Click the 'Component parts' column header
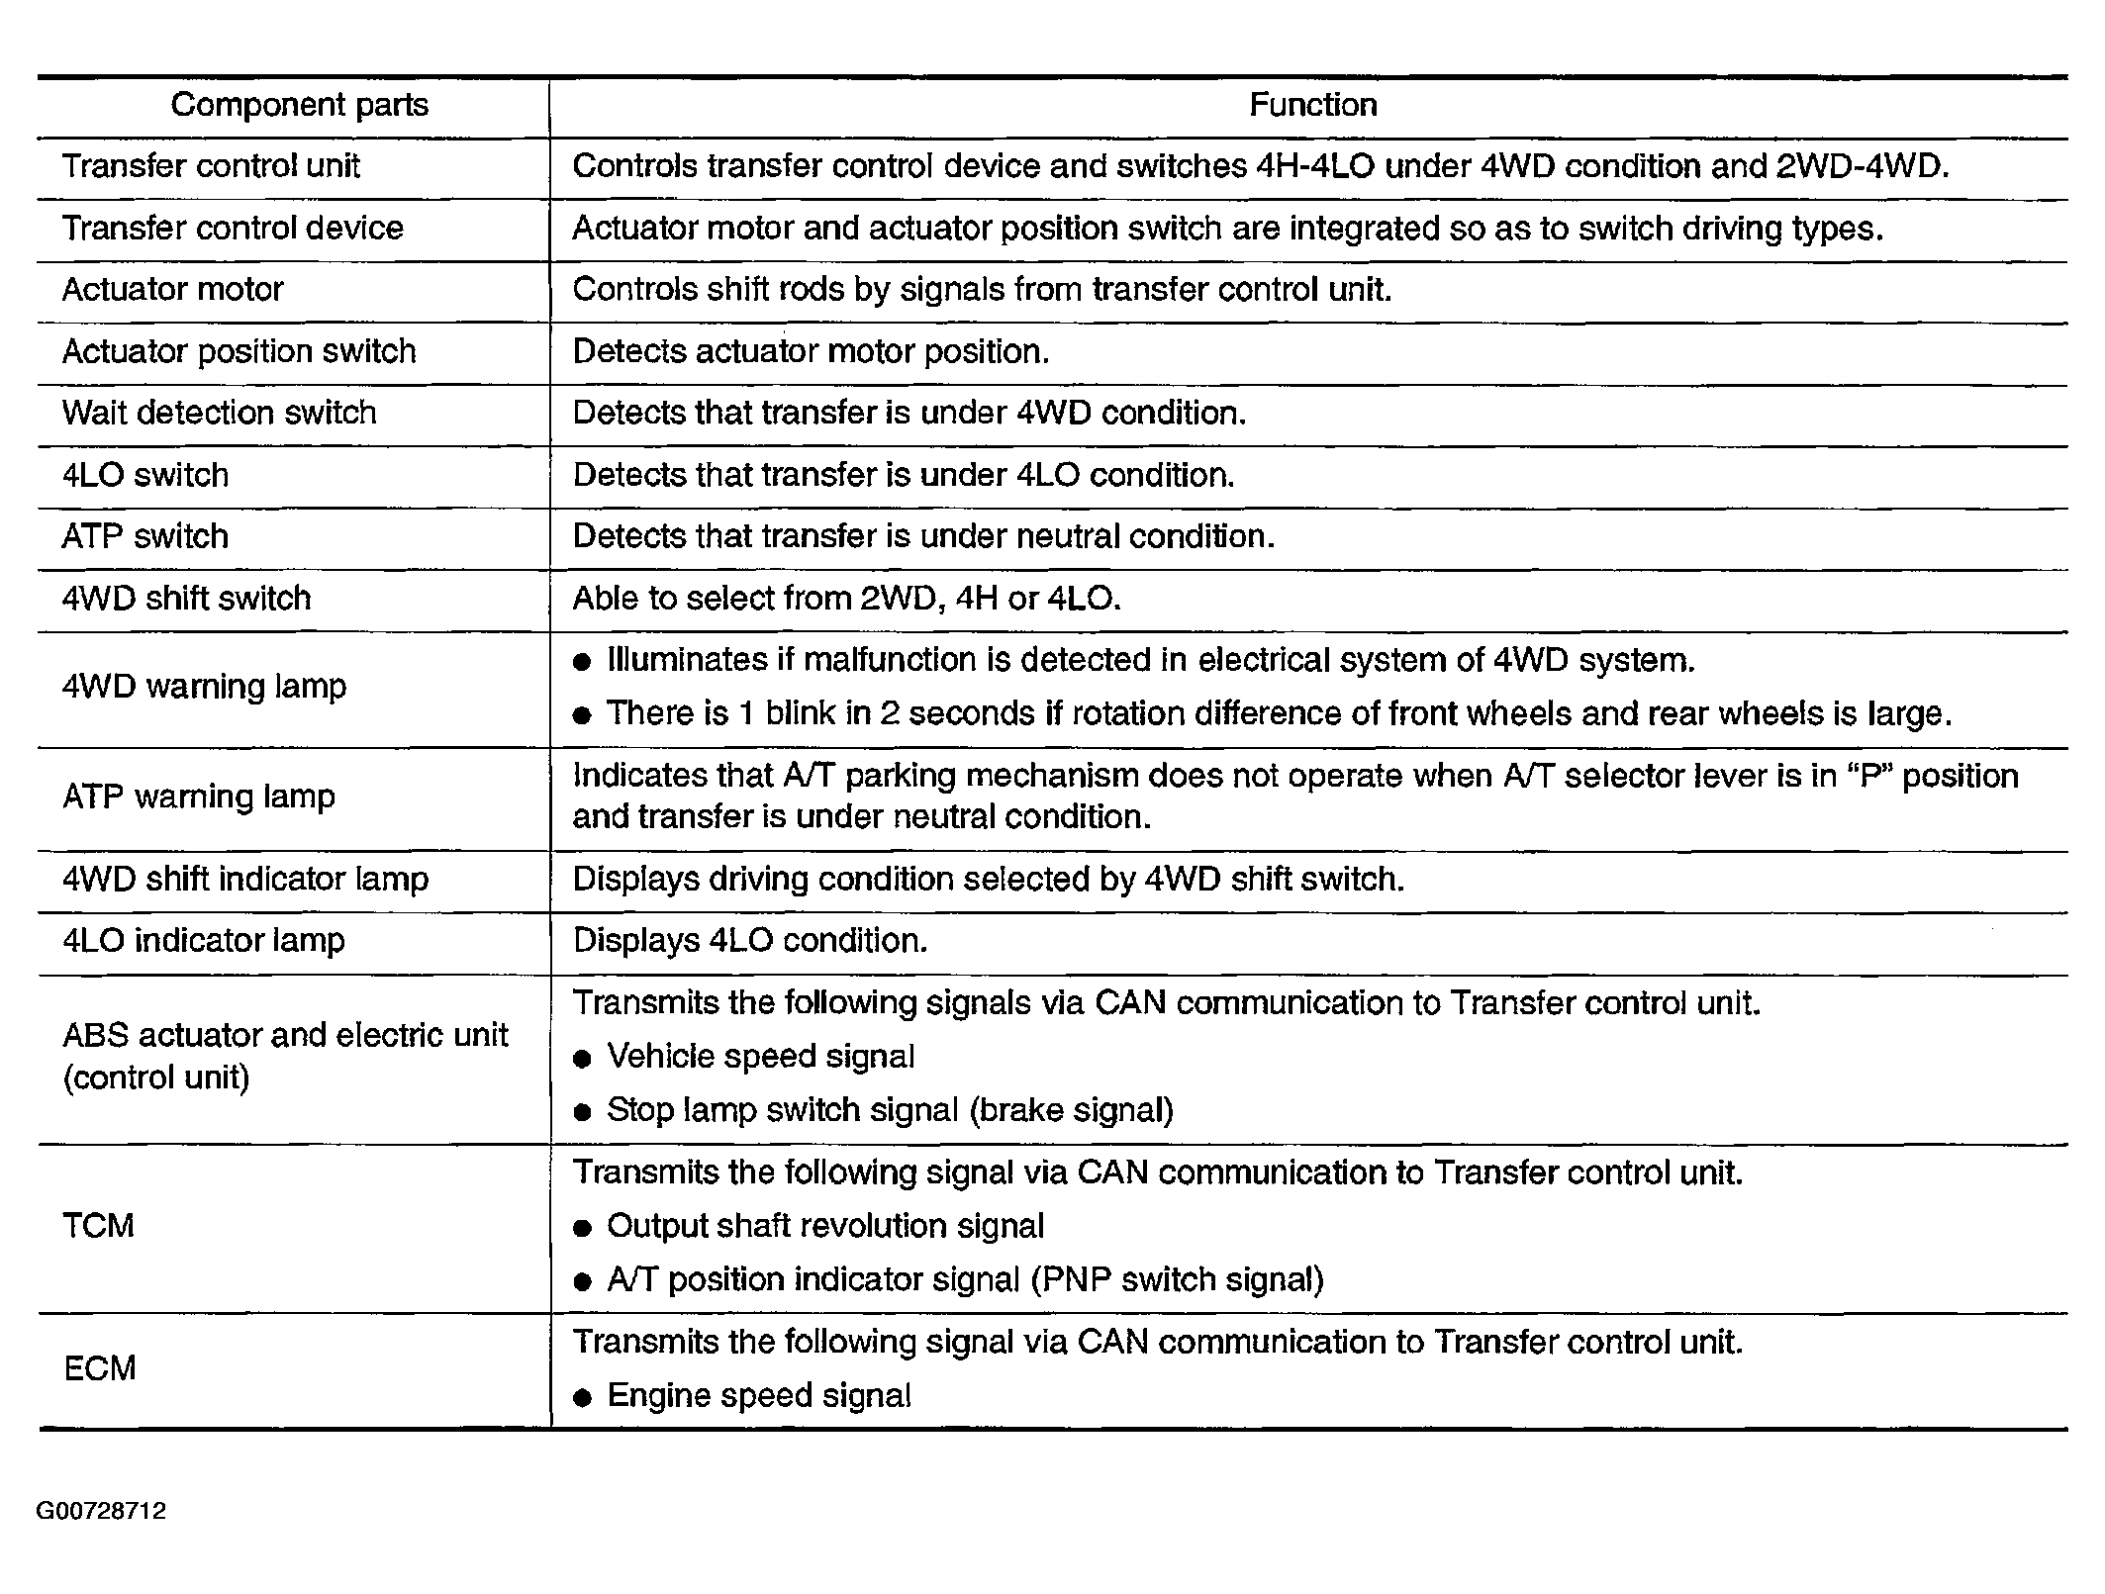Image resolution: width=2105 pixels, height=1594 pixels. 299,105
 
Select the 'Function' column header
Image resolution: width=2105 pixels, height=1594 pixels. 1312,105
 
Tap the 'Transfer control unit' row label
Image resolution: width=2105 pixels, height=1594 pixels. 211,166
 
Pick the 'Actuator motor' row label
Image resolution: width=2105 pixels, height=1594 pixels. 172,290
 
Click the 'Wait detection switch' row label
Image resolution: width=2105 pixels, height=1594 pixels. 219,413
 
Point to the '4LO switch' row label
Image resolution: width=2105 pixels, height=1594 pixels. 145,475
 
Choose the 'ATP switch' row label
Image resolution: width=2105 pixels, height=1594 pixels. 145,536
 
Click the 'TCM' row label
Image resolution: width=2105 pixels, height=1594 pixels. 98,1226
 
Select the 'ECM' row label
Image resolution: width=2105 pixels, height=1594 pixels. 99,1368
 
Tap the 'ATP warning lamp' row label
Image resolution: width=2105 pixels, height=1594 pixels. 198,797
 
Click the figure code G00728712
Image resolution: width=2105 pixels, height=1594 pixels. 101,1511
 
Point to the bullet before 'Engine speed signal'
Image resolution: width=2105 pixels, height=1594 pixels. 583,1397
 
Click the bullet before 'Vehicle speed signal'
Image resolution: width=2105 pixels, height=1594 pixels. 583,1059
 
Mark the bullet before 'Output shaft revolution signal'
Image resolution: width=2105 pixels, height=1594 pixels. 583,1228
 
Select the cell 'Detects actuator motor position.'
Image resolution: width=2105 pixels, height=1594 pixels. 811,351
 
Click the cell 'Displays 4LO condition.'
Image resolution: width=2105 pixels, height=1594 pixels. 750,940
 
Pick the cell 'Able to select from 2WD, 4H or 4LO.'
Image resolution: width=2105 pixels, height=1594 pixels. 846,599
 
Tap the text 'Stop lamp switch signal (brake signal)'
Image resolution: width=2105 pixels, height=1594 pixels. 890,1110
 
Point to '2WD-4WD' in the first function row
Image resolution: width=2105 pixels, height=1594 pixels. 1861,166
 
